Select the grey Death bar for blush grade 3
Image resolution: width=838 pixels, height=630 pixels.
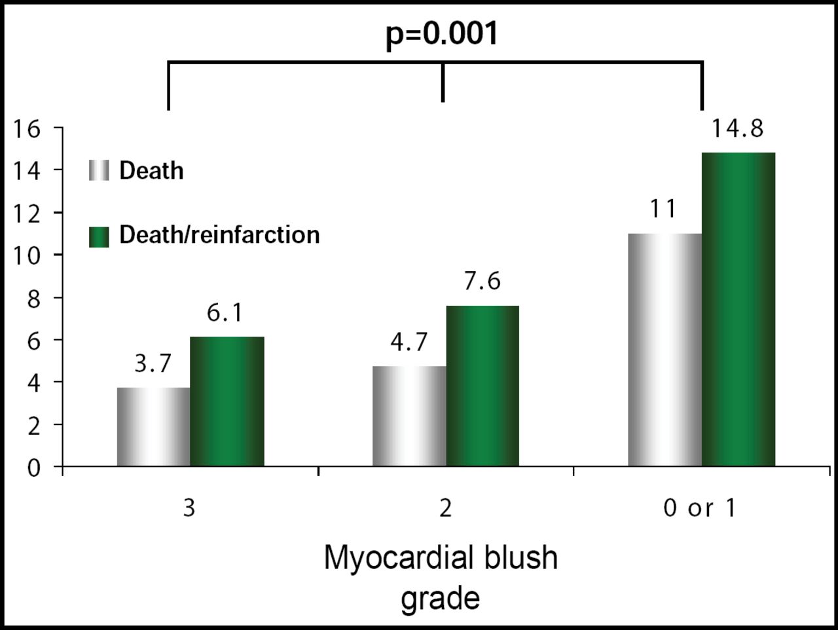(154, 427)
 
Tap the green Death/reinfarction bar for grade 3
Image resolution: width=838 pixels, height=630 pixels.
(227, 401)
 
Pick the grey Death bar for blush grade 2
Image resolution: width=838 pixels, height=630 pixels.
(409, 417)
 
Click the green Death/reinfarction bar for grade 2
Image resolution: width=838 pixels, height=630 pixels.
(483, 386)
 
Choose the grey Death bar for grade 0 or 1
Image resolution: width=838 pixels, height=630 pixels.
(665, 350)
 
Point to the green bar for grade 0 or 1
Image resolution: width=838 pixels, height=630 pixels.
(738, 309)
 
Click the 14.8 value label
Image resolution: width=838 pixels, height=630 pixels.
(737, 129)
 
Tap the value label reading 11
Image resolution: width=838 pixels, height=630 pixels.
(663, 210)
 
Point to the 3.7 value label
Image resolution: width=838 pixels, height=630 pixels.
(153, 363)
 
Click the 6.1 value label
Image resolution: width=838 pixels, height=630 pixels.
(225, 313)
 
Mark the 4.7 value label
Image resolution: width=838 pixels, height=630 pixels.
(409, 342)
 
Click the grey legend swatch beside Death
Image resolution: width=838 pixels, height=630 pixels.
(99, 170)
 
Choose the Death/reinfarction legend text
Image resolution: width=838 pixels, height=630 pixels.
(219, 235)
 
